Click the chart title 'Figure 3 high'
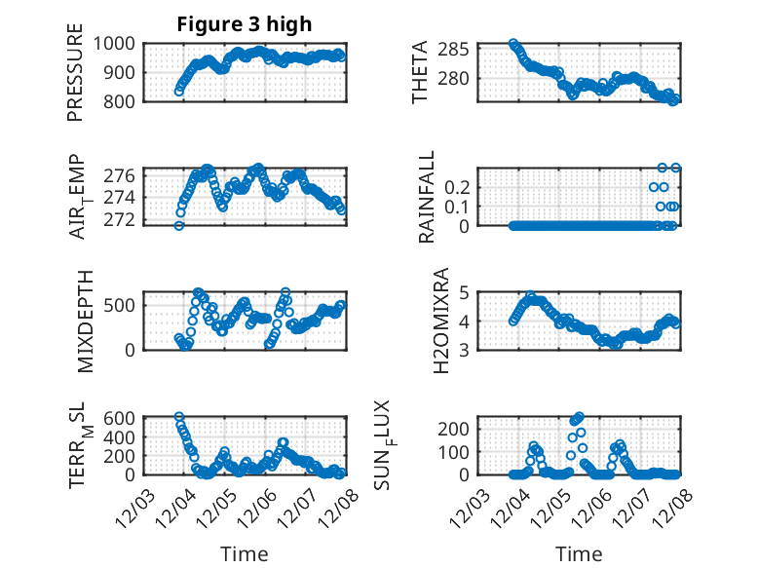point(244,24)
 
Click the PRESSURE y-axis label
point(75,73)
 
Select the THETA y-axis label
point(420,72)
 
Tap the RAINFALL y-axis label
point(427,197)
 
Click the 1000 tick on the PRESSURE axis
point(118,44)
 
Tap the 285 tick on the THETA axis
point(459,50)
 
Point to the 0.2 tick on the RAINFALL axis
point(459,186)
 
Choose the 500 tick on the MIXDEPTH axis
point(123,305)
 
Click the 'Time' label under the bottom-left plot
point(244,553)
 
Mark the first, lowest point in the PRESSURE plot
point(179,92)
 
